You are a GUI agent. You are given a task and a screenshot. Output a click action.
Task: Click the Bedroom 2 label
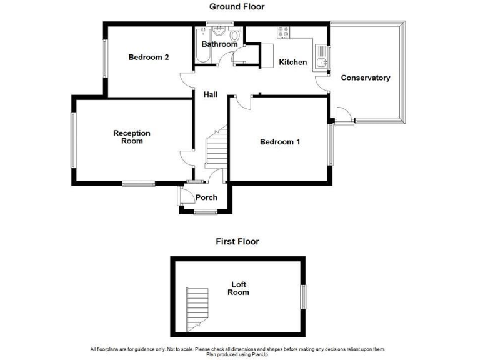click(149, 57)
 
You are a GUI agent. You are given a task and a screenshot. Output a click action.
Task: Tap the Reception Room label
click(132, 137)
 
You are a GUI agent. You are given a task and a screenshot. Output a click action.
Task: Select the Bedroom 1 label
click(280, 142)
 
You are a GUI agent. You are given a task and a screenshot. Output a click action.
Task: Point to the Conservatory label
click(366, 78)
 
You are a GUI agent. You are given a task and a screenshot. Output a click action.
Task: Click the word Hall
click(211, 94)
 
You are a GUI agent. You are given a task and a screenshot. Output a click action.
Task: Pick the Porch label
click(207, 197)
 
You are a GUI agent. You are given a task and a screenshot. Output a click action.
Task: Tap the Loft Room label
click(238, 288)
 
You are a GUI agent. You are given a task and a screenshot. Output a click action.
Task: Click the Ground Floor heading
click(237, 7)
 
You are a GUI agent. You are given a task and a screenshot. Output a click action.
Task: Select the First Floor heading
click(237, 241)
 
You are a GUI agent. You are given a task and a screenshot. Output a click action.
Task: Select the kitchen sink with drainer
click(321, 58)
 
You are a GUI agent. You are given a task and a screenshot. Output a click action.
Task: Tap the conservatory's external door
click(342, 117)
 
